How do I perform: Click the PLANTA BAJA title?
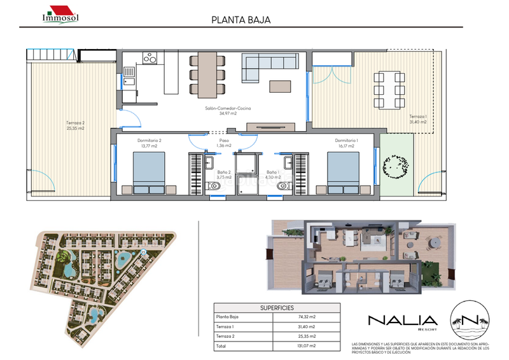click(x=241, y=20)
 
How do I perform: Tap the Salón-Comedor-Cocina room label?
click(x=228, y=111)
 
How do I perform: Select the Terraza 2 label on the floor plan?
click(x=74, y=125)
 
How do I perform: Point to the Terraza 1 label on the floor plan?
click(x=418, y=120)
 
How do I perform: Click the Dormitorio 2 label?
click(x=149, y=143)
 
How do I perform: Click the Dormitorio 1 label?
click(x=347, y=143)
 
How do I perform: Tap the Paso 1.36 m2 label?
click(x=224, y=143)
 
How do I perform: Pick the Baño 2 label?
click(x=223, y=174)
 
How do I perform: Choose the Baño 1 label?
click(x=272, y=174)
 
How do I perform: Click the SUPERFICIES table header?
click(x=276, y=307)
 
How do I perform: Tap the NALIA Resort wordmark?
click(x=402, y=322)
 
